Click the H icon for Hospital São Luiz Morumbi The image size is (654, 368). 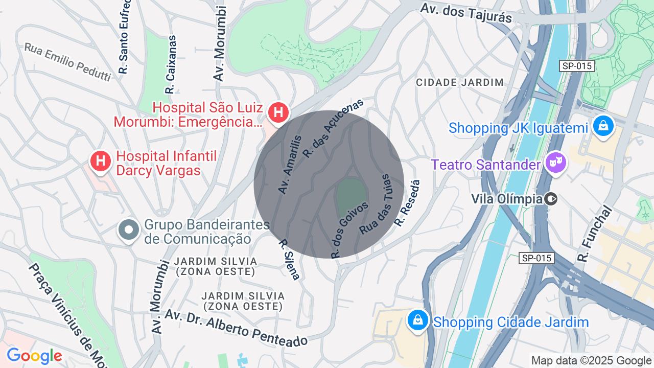click(278, 112)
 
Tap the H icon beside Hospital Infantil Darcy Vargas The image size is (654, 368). click(101, 161)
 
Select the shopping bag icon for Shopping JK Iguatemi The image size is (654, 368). click(603, 126)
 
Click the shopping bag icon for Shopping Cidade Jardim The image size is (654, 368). click(418, 320)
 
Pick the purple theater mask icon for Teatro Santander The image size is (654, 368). click(556, 163)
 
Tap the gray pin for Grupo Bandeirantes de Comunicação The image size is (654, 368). click(129, 230)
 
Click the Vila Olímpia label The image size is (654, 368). click(506, 199)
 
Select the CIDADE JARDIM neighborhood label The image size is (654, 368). click(459, 82)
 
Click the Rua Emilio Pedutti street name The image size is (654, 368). click(67, 62)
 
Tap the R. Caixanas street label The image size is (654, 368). click(171, 64)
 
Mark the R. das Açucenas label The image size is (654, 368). click(333, 127)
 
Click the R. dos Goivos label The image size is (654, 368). click(349, 229)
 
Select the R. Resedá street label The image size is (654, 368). click(407, 203)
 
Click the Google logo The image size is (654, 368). click(34, 356)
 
